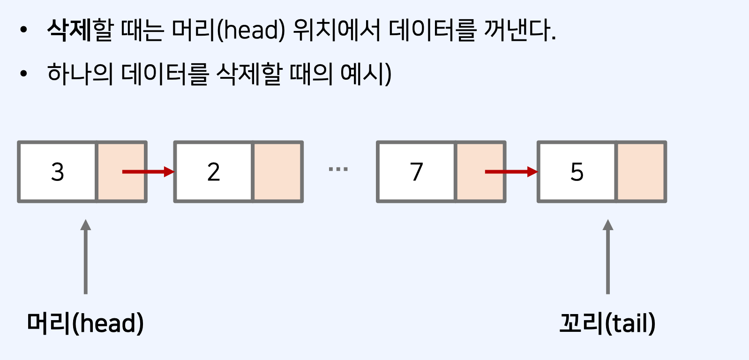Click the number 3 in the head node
coord(57,172)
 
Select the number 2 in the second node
coord(213,172)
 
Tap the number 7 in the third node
coord(416,172)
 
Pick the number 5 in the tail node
coord(577,172)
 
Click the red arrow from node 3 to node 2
coord(147,172)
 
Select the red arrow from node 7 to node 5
coord(510,172)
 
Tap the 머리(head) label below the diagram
coord(85,323)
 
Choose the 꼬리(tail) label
coord(607,323)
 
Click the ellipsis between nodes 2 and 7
coord(338,169)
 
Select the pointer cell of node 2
coord(277,172)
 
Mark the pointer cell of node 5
coord(641,172)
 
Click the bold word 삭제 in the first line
coord(69,30)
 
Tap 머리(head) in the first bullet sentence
coord(228,30)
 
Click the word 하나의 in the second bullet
coord(80,74)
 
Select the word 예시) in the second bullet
coord(366,74)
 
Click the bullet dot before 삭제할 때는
coord(24,30)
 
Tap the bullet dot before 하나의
coord(24,74)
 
